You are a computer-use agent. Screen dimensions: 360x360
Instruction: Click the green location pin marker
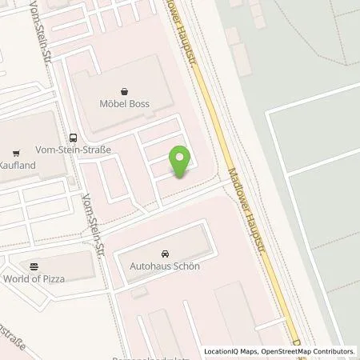coord(182,161)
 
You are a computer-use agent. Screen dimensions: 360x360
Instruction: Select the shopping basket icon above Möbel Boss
coord(125,91)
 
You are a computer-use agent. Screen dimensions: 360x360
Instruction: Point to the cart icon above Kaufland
coord(16,151)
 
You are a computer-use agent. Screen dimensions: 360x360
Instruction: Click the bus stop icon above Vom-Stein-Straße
coord(73,136)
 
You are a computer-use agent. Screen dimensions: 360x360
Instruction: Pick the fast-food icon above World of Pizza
coord(34,265)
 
